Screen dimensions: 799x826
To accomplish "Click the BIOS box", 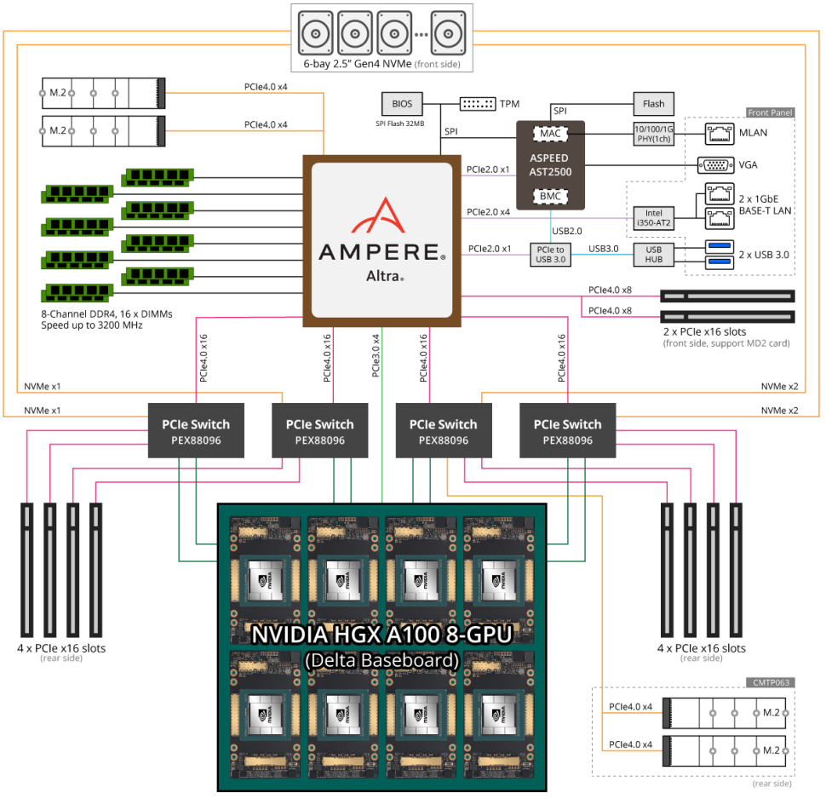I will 402,104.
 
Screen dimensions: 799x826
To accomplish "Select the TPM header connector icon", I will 478,104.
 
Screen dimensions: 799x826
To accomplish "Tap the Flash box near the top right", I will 653,104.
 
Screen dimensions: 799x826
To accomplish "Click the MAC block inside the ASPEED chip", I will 550,134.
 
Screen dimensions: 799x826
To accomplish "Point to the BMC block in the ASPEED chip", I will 550,196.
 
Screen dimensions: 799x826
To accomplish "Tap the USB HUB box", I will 653,253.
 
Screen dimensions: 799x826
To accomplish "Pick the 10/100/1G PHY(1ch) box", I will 653,134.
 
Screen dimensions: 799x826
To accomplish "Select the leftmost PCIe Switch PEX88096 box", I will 196,431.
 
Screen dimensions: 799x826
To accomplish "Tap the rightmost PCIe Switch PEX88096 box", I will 568,431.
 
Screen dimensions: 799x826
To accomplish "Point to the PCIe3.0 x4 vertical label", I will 376,355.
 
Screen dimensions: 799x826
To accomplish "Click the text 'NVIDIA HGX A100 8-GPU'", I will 381,635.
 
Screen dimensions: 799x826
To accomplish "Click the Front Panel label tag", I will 769,112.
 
